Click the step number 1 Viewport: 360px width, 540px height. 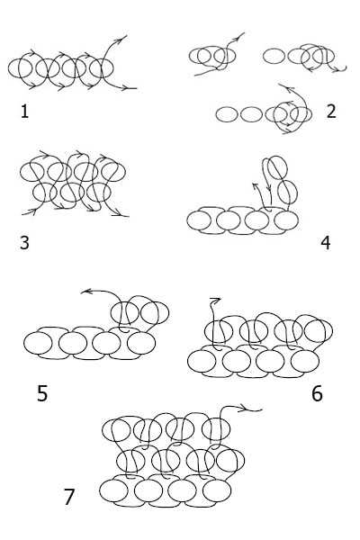[24, 112]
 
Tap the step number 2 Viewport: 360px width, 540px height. [330, 112]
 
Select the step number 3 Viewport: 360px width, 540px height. [24, 242]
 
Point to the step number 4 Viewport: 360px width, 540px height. [326, 243]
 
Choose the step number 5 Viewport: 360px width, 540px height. [42, 393]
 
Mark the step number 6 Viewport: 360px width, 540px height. [317, 393]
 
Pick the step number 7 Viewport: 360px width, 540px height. [69, 497]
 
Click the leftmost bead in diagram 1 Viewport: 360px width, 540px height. [8, 68]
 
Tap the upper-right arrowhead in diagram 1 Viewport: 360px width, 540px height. [123, 38]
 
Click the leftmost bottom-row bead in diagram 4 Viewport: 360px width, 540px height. [187, 220]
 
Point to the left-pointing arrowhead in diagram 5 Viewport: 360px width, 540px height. [85, 292]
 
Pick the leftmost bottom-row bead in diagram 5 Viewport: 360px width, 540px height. [23, 344]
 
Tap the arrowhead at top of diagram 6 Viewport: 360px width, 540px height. [215, 300]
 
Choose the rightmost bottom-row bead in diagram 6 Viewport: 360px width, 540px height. [319, 362]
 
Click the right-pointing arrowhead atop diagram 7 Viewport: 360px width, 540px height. [246, 409]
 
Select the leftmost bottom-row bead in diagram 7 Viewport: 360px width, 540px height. [100, 490]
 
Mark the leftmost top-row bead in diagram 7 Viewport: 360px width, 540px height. [103, 430]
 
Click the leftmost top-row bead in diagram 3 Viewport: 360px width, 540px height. [20, 172]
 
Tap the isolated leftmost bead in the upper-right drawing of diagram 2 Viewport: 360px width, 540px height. [264, 56]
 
